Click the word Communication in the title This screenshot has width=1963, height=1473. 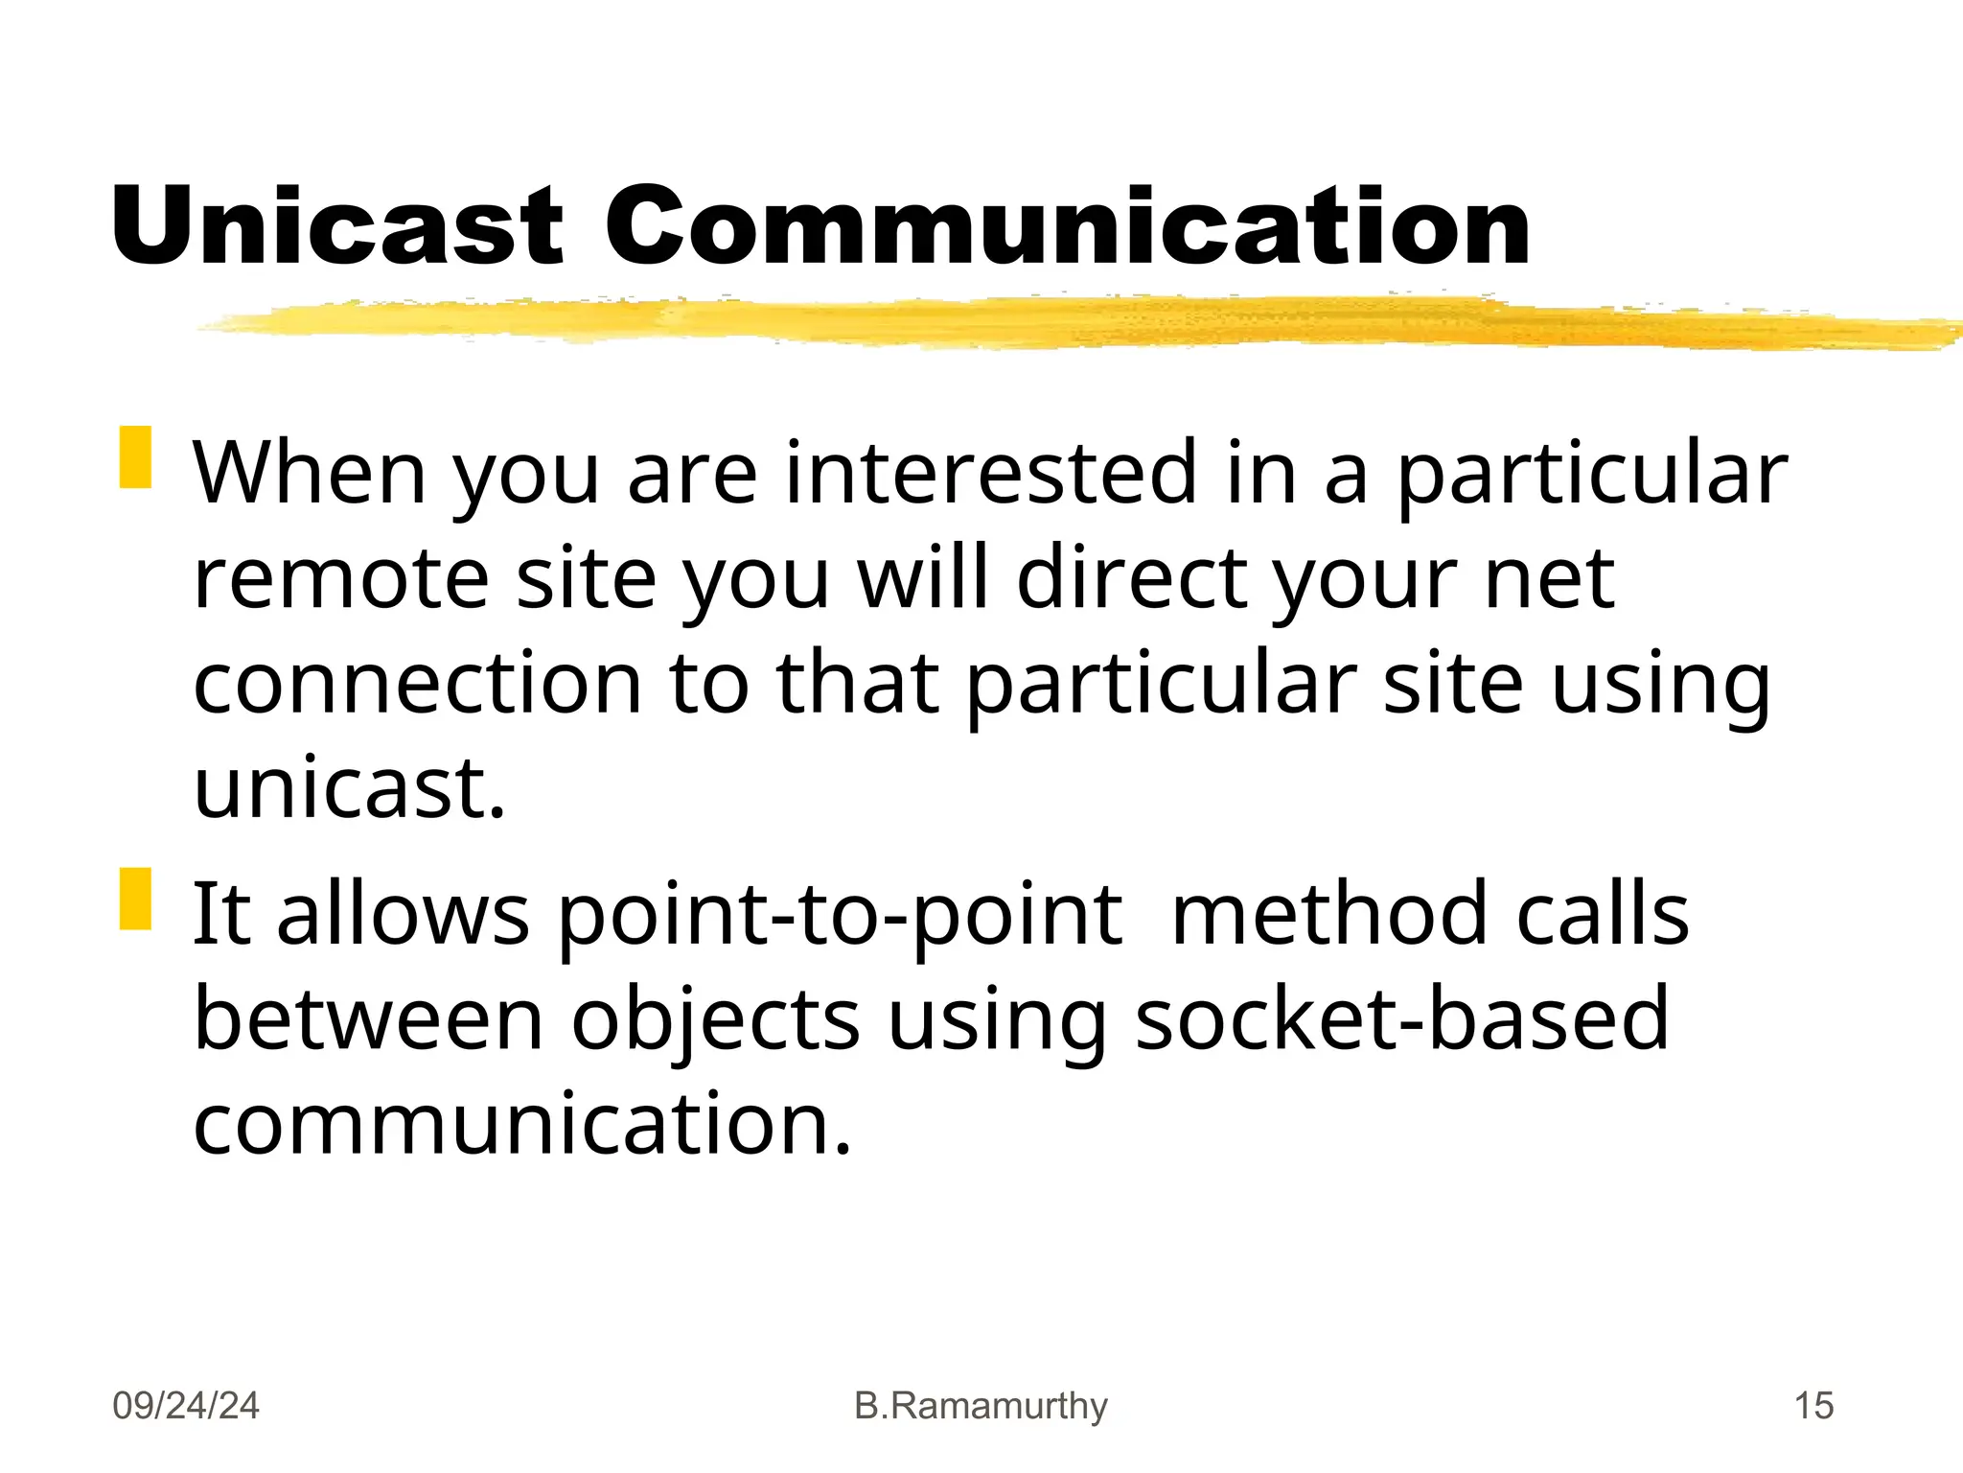[1067, 226]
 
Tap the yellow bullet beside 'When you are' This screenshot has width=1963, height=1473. [135, 457]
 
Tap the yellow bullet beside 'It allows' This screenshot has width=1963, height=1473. [135, 899]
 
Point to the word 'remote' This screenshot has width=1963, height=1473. [341, 578]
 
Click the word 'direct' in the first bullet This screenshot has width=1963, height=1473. [1132, 578]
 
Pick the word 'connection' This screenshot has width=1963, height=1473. [417, 684]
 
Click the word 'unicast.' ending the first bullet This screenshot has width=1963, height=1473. [349, 789]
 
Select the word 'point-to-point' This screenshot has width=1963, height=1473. [839, 915]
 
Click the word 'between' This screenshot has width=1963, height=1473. [368, 1019]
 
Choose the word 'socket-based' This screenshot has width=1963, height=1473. [1401, 1019]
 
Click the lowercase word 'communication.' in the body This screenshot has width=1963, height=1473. [522, 1125]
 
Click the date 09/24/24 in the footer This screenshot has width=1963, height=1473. [186, 1406]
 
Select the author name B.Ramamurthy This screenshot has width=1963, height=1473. [981, 1406]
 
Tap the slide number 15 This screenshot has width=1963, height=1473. [1813, 1406]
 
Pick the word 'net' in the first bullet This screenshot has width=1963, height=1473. [1549, 578]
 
